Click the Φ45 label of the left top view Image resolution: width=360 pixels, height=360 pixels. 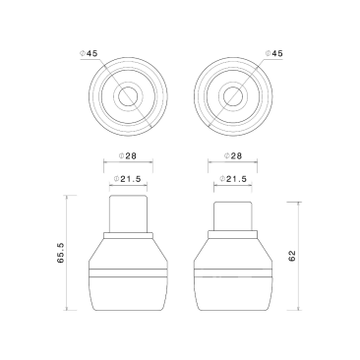pos(89,53)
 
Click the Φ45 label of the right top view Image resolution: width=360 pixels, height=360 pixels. pos(273,53)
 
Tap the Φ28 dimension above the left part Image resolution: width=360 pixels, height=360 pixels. pos(128,156)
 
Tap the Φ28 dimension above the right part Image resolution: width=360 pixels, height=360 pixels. pos(233,156)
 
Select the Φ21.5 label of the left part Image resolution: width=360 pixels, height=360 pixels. pos(128,179)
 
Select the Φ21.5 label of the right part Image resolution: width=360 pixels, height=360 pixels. pos(233,179)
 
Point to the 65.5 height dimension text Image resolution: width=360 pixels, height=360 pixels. pos(61,253)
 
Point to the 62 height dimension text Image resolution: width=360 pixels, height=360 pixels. pos(292,256)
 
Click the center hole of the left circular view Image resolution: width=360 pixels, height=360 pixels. pos(128,96)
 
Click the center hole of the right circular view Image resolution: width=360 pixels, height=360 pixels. pos(233,96)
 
